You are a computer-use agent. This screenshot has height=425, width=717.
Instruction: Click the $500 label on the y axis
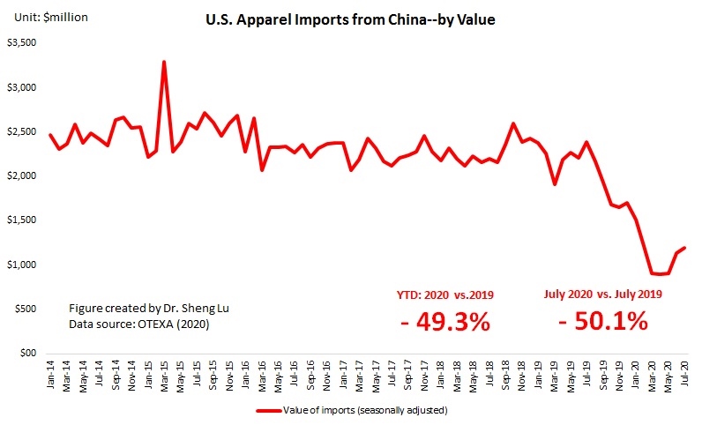(24, 309)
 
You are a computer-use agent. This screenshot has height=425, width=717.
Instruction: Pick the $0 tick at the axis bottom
(28, 354)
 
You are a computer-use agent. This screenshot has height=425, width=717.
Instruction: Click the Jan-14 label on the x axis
(50, 374)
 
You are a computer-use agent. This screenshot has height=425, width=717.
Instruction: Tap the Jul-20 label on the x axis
(684, 374)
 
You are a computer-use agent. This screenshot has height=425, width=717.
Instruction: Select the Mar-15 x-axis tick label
(164, 374)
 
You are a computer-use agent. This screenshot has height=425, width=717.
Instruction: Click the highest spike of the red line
(164, 62)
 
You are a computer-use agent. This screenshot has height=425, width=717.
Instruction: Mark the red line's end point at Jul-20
(684, 248)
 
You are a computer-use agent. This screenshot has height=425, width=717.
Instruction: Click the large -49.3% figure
(444, 321)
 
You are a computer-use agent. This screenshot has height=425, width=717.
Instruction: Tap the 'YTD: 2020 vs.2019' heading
(444, 295)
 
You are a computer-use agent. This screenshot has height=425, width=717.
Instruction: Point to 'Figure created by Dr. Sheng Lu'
(140, 309)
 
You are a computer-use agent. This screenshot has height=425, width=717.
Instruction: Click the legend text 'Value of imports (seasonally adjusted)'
(370, 411)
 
